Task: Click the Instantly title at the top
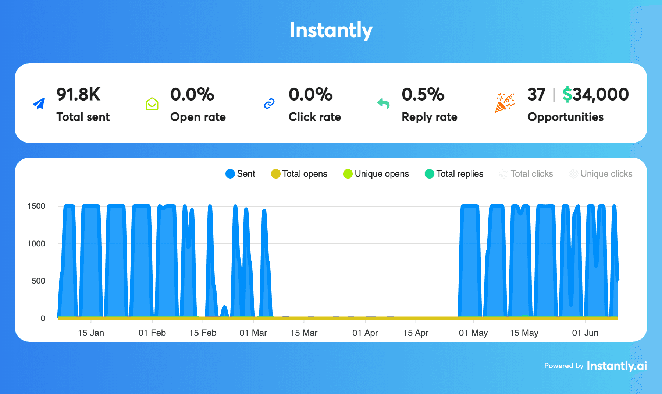point(331,30)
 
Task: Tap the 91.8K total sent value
point(78,95)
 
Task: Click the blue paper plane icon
point(39,104)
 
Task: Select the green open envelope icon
point(152,104)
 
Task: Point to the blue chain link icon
point(269,104)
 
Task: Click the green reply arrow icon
point(383,103)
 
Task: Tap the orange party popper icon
point(504,103)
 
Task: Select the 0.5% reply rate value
point(423,95)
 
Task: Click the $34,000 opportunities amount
point(595,95)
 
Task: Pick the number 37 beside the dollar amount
point(536,95)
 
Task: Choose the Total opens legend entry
point(299,174)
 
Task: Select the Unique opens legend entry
point(376,174)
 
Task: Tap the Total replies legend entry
point(454,174)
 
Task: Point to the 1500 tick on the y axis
point(36,206)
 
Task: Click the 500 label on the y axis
point(38,281)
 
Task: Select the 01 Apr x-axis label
point(365,333)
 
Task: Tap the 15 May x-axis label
point(524,333)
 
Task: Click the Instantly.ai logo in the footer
point(617,366)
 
